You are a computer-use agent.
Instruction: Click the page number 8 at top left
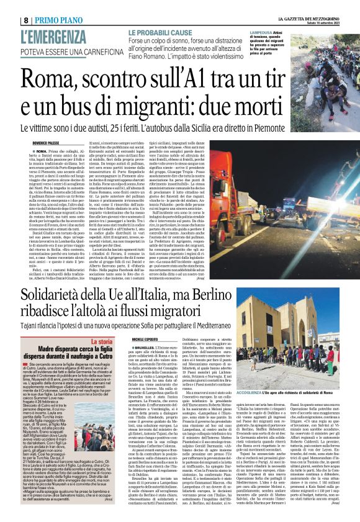coord(8,20)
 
